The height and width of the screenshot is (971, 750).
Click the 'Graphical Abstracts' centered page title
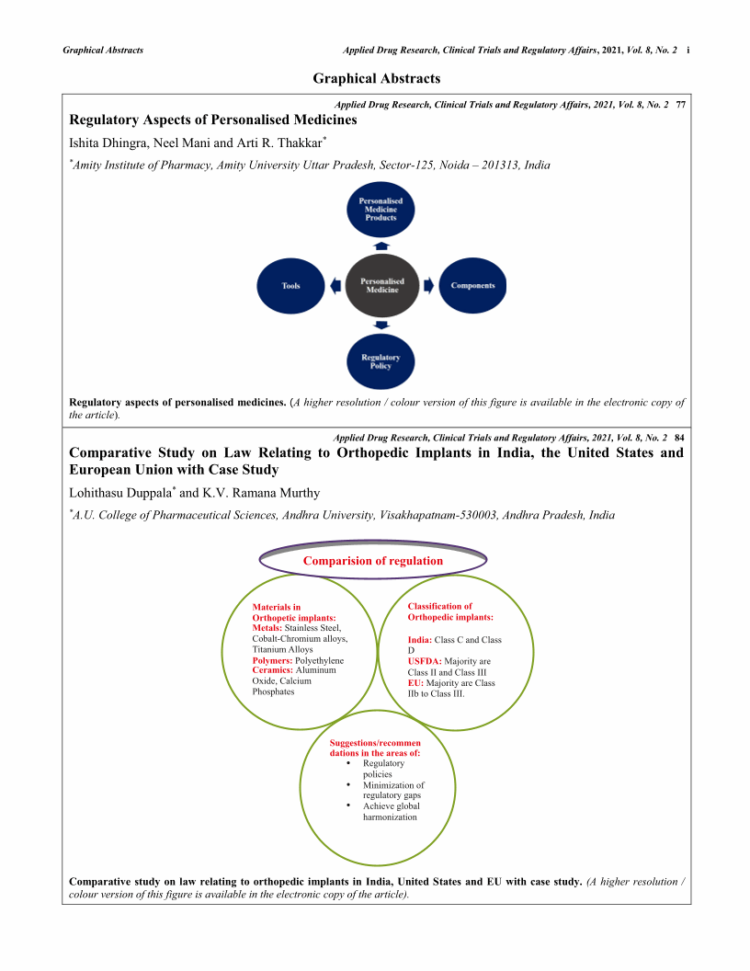point(376,79)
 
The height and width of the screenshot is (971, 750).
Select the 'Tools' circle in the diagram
point(290,286)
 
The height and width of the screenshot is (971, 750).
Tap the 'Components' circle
point(472,286)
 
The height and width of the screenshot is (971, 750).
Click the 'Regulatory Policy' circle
point(381,361)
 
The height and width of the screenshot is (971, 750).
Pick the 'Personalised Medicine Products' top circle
point(381,209)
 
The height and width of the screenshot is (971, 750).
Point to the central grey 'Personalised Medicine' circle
point(382,286)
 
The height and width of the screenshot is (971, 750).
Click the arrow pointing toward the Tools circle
point(335,286)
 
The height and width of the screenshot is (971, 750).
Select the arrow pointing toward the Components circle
point(427,286)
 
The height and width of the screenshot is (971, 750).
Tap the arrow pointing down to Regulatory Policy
point(381,325)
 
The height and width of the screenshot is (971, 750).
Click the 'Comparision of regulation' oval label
point(373,560)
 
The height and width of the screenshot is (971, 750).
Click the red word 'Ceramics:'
point(274,670)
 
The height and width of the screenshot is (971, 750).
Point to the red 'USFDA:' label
point(425,661)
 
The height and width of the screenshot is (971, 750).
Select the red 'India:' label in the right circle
point(419,639)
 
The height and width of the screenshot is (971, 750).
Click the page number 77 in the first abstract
point(680,107)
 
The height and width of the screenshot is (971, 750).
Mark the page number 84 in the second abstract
point(680,437)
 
